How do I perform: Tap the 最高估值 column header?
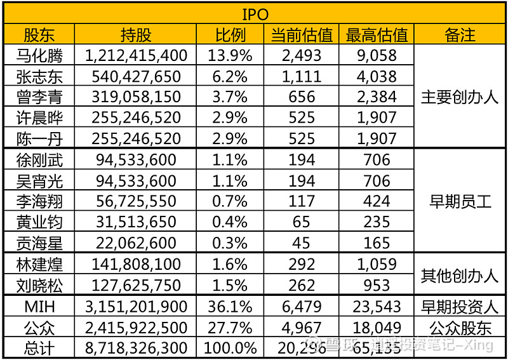(x=377, y=35)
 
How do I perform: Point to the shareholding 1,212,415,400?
(x=136, y=56)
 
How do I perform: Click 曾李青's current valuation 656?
(x=301, y=97)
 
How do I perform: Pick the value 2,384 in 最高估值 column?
(x=377, y=97)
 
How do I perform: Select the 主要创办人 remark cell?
(x=460, y=97)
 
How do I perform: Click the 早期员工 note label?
(x=460, y=202)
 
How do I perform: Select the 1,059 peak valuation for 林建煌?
(x=377, y=264)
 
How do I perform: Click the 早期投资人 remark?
(x=460, y=307)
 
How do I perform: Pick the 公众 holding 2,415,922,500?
(x=136, y=328)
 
